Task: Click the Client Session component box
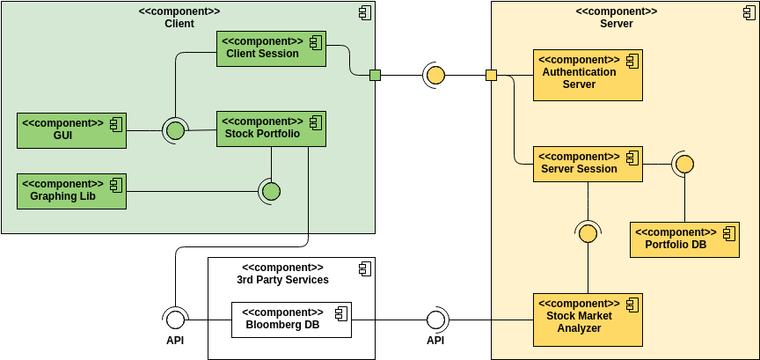[x=271, y=48]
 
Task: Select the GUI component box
[x=71, y=130]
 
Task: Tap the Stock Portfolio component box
[x=271, y=129]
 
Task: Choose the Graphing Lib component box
[x=71, y=191]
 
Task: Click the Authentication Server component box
[x=588, y=74]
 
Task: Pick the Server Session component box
[x=588, y=164]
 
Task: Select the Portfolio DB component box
[x=684, y=239]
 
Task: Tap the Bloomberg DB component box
[x=291, y=320]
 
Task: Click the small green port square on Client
[x=375, y=75]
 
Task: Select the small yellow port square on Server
[x=492, y=75]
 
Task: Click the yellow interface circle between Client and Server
[x=435, y=75]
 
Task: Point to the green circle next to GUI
[x=175, y=131]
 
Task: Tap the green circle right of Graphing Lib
[x=271, y=191]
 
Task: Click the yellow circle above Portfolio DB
[x=684, y=164]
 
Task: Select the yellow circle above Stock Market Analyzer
[x=588, y=233]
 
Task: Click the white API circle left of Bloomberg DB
[x=175, y=319]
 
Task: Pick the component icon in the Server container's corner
[x=739, y=12]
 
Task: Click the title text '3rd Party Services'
[x=282, y=280]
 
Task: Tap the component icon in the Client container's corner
[x=364, y=12]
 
